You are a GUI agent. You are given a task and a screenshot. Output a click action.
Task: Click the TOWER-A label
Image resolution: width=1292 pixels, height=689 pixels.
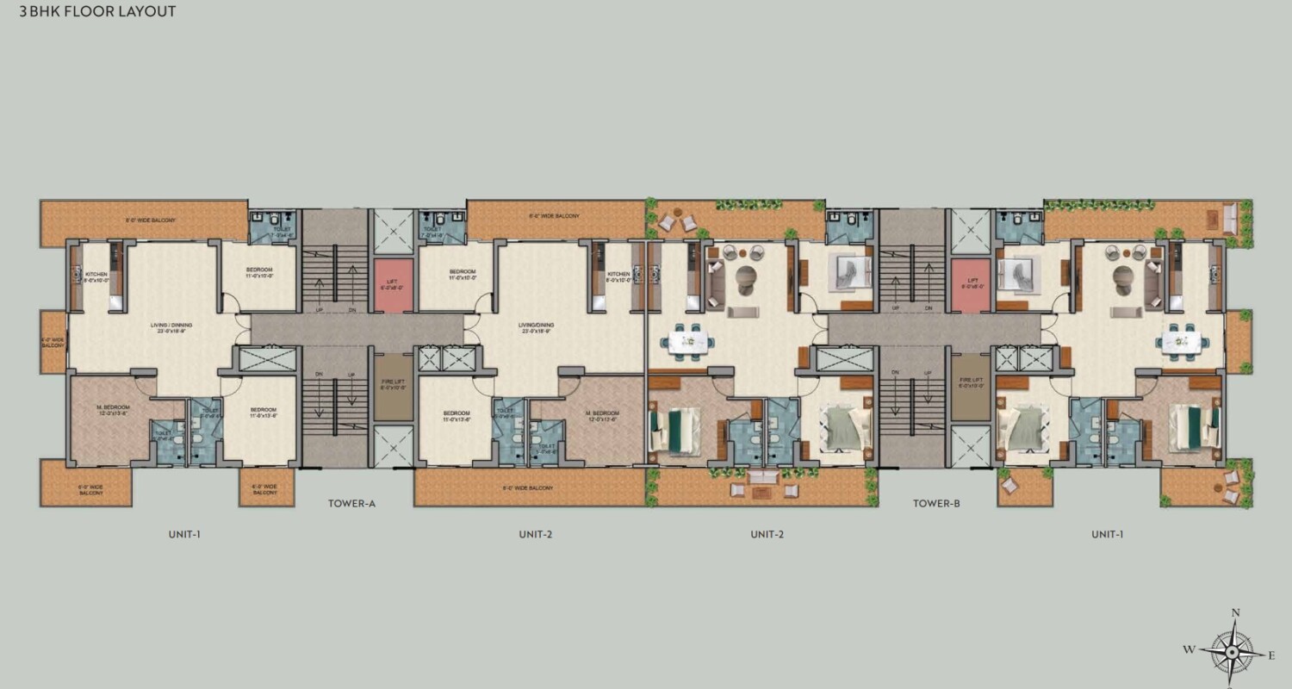pyautogui.click(x=351, y=504)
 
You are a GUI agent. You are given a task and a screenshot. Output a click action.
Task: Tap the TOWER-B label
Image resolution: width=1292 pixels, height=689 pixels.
pyautogui.click(x=936, y=504)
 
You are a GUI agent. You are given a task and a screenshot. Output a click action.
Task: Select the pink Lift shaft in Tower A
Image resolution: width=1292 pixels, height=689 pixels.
pyautogui.click(x=393, y=285)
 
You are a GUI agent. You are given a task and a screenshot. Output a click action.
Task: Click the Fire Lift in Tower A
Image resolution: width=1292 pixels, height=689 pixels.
pyautogui.click(x=393, y=387)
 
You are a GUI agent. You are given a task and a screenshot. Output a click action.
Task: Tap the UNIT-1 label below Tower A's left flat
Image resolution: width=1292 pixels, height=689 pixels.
pyautogui.click(x=184, y=534)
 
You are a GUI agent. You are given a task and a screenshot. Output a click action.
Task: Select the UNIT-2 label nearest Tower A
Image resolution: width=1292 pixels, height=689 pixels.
pyautogui.click(x=535, y=534)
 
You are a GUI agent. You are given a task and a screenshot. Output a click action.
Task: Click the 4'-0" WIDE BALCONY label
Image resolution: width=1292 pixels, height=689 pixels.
pyautogui.click(x=53, y=342)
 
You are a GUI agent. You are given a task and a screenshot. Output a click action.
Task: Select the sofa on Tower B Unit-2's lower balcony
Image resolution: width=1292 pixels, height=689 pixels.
pyautogui.click(x=762, y=477)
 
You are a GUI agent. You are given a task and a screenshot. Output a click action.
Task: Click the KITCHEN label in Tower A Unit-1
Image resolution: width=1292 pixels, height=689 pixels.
pyautogui.click(x=96, y=276)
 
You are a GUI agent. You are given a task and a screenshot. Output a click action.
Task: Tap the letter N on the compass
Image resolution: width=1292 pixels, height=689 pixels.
pyautogui.click(x=1235, y=613)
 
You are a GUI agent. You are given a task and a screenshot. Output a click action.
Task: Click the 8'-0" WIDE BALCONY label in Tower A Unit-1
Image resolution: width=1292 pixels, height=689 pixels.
pyautogui.click(x=152, y=220)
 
